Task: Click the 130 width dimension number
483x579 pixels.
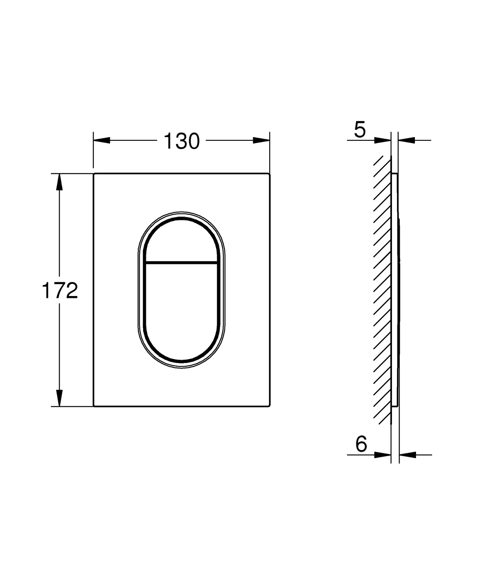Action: click(x=182, y=141)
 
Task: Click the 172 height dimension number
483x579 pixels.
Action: click(x=60, y=291)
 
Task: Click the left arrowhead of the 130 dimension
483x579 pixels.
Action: click(x=102, y=140)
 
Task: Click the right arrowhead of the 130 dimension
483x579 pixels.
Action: click(x=261, y=140)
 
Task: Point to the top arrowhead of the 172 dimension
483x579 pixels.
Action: click(x=59, y=182)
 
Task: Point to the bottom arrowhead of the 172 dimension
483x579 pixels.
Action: click(x=59, y=398)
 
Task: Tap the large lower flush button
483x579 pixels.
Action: click(x=181, y=311)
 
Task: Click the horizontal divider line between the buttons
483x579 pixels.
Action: click(x=181, y=263)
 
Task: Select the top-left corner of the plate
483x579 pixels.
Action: click(x=94, y=174)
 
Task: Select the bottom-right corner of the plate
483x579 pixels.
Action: click(x=269, y=406)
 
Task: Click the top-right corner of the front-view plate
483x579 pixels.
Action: click(x=269, y=174)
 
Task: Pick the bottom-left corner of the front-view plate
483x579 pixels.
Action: click(x=94, y=406)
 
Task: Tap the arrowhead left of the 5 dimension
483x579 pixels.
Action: click(x=382, y=140)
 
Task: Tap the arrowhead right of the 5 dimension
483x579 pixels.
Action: click(x=407, y=140)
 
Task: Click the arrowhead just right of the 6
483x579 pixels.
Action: click(x=382, y=455)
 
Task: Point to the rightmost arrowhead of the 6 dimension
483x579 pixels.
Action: click(x=407, y=455)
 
